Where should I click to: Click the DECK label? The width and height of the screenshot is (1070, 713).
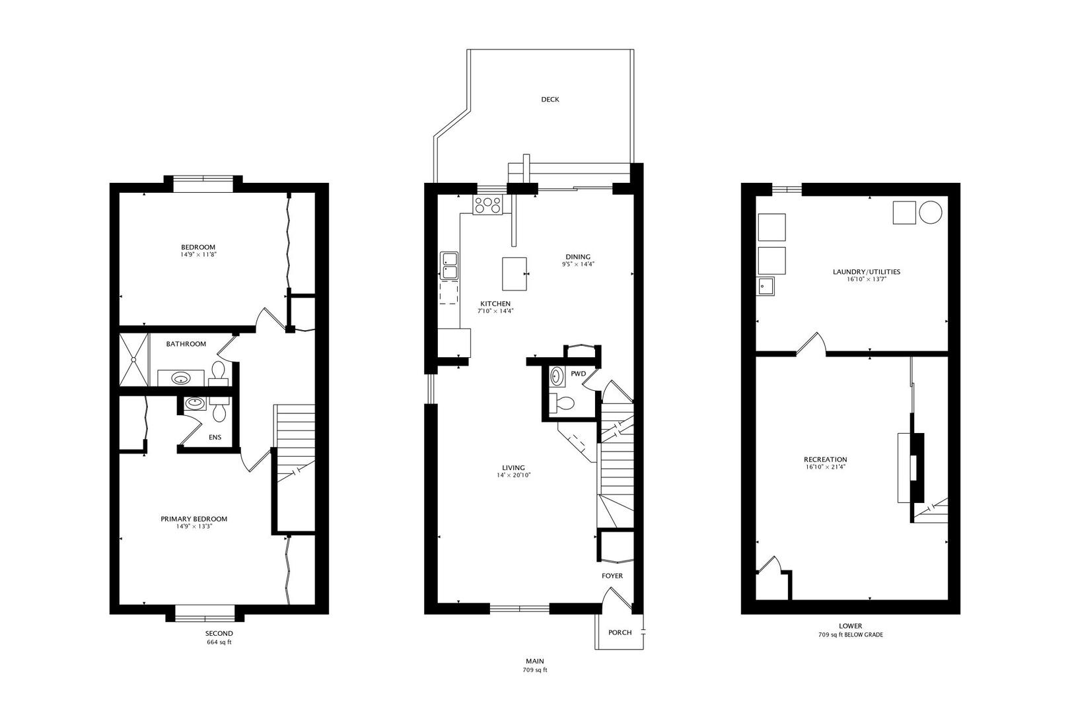550,100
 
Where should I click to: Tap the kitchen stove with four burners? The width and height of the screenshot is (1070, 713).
488,205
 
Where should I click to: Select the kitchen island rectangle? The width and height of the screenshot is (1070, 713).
515,273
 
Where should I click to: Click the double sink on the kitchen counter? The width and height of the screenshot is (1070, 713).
449,265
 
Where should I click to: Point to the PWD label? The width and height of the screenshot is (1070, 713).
578,374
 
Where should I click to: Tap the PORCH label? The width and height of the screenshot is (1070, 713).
620,632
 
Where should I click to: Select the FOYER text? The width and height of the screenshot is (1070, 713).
612,576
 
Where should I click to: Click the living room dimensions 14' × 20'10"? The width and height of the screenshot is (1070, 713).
515,475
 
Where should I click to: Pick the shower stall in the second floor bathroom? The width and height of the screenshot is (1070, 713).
135,359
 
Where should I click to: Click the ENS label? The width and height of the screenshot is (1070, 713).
215,437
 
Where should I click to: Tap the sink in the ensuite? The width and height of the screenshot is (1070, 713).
194,402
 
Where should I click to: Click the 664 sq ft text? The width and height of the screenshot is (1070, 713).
219,642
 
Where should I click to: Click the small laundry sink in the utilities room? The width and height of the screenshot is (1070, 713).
766,286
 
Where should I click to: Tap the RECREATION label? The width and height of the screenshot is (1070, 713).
825,459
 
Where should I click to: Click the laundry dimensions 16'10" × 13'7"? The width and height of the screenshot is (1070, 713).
866,279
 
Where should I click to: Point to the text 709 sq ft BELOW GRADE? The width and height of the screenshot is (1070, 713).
850,635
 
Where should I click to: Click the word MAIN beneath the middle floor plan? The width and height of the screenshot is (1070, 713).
535,661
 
